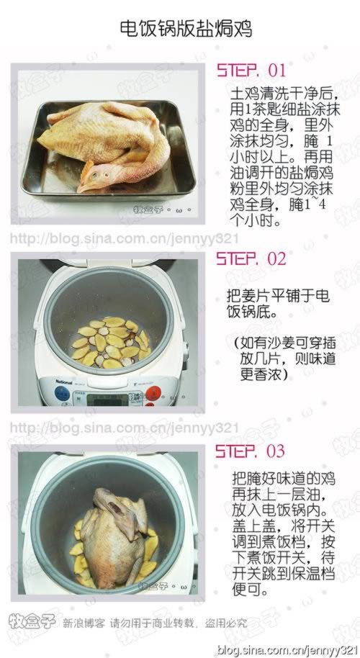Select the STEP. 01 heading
251,71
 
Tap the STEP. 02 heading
251,258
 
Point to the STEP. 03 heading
251,451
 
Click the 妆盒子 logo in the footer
30,621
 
